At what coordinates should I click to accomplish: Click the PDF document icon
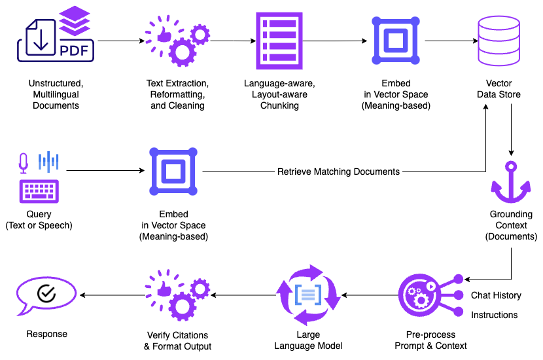[x=55, y=39]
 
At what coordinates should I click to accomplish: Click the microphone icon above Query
[x=24, y=163]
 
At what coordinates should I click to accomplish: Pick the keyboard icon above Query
[x=39, y=192]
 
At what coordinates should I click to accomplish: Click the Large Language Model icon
[x=308, y=295]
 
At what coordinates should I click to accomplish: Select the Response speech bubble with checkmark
[x=46, y=295]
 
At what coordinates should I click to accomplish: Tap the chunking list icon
[x=278, y=41]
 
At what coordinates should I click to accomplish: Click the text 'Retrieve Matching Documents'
[x=338, y=172]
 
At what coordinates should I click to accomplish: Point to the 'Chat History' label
[x=496, y=295]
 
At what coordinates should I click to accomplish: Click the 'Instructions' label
[x=494, y=315]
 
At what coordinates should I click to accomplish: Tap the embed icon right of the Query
[x=173, y=172]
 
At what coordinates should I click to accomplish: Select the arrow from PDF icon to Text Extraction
[x=121, y=41]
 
